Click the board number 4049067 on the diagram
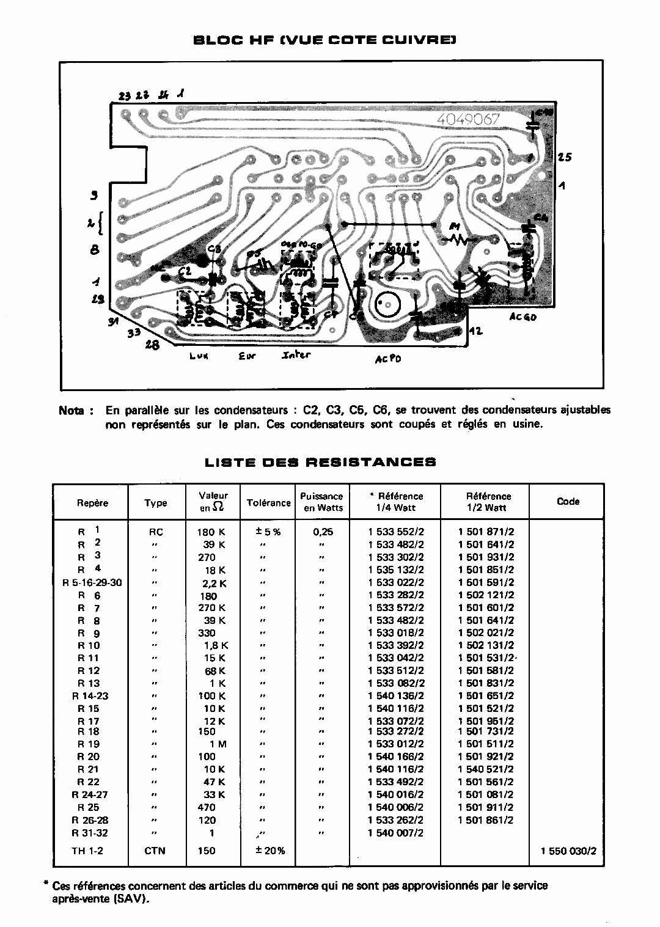[469, 120]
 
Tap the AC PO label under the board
[388, 359]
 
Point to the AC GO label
[522, 317]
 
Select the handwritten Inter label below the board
[296, 354]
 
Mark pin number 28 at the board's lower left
[152, 345]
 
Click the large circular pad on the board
[386, 303]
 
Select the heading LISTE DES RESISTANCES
[320, 462]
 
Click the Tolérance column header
[268, 503]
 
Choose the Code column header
[568, 501]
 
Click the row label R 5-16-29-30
[92, 582]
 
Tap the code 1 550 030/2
[568, 851]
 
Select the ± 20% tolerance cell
[268, 851]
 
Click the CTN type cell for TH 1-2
[155, 851]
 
